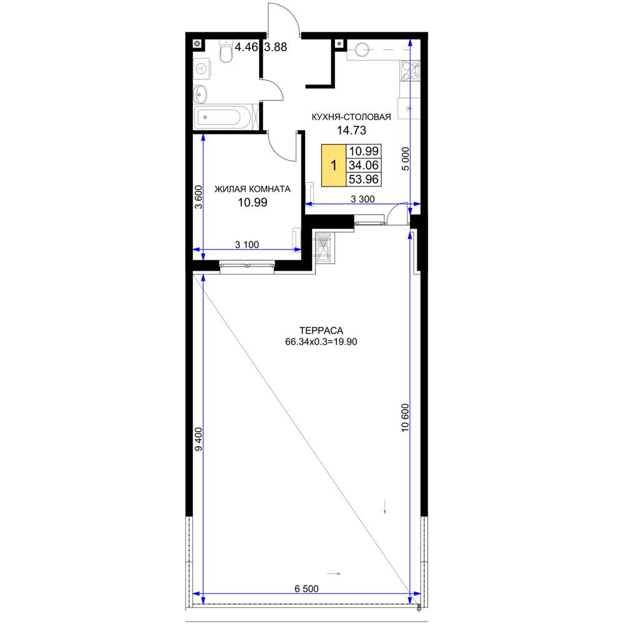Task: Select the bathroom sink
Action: (x=200, y=95)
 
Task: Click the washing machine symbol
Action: (x=203, y=69)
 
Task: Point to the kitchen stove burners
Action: (x=409, y=71)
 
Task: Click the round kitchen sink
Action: (x=362, y=50)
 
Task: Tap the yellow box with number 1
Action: (x=333, y=165)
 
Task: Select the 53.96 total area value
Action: (x=363, y=179)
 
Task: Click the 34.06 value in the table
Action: (x=363, y=165)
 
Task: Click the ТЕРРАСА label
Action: (x=321, y=330)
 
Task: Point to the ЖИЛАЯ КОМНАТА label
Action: (x=252, y=189)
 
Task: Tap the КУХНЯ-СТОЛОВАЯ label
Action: (x=351, y=117)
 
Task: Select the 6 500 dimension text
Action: (x=306, y=588)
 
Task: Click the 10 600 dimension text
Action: (x=405, y=417)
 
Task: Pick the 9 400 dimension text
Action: (x=198, y=439)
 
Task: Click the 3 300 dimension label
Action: (x=363, y=198)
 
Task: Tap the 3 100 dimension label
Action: (x=246, y=245)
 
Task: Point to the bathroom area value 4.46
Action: (x=246, y=47)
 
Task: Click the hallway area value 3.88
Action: (x=275, y=47)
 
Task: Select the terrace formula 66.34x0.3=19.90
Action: (x=321, y=341)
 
